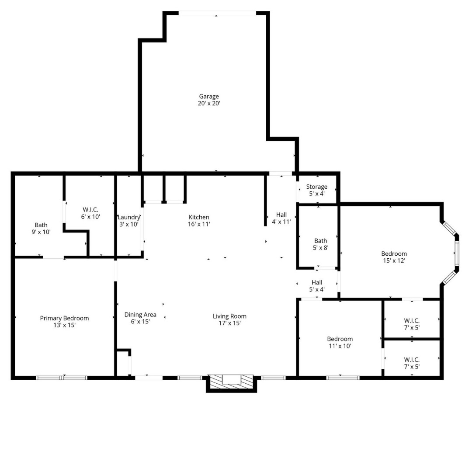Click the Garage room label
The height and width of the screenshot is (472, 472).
click(x=209, y=97)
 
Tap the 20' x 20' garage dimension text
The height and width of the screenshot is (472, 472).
click(x=209, y=104)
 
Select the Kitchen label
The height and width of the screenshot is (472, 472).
click(x=199, y=217)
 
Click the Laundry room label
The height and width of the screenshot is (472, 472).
click(x=128, y=217)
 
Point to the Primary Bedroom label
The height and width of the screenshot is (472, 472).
click(x=64, y=318)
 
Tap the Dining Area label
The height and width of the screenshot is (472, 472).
click(x=140, y=315)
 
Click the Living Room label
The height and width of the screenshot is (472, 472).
click(x=229, y=316)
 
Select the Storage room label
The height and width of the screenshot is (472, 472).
click(x=316, y=187)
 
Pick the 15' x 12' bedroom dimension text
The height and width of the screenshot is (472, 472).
click(x=394, y=261)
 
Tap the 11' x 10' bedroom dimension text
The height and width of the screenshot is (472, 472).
click(x=340, y=346)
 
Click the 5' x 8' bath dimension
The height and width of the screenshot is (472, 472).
click(x=320, y=247)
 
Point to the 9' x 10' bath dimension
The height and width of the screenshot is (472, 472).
click(x=41, y=232)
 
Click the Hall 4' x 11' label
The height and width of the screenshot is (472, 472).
click(x=281, y=218)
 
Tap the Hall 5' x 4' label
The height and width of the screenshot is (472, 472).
click(x=317, y=286)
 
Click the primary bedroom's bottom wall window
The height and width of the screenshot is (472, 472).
click(x=62, y=378)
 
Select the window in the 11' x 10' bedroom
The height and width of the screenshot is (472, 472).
click(x=343, y=378)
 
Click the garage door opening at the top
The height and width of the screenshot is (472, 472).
click(x=217, y=14)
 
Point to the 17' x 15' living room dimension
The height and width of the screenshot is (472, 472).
click(x=229, y=323)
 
